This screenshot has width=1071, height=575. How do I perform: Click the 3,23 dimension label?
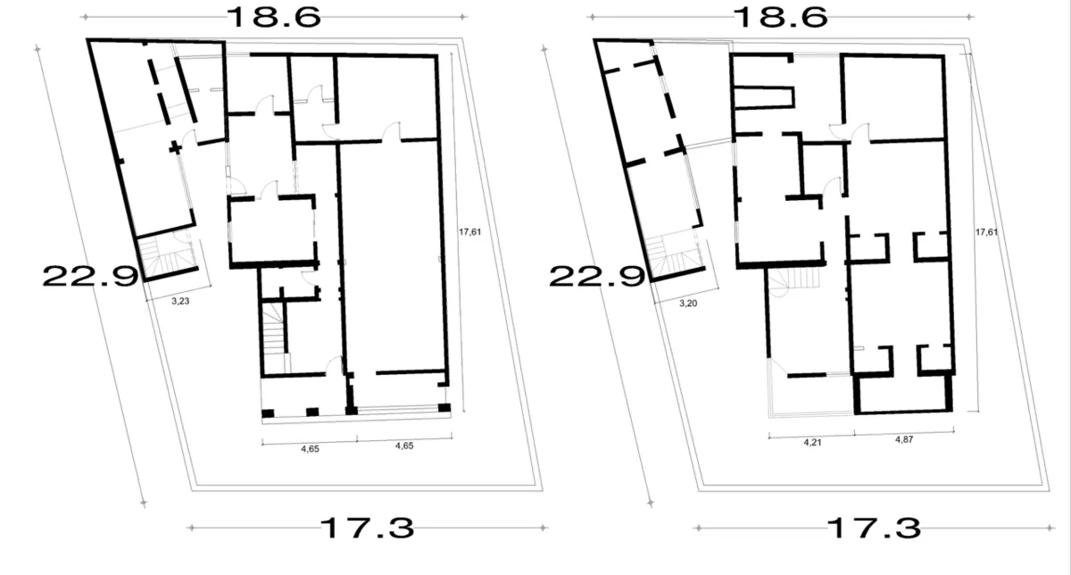pos(180,301)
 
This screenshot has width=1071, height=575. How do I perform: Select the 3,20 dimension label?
pos(688,304)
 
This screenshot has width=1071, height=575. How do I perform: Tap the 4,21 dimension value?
pos(812,443)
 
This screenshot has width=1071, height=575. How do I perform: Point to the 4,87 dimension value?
pos(904,439)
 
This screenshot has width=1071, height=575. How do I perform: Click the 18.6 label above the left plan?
pos(273,17)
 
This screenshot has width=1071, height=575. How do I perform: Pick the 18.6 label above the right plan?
pos(780,17)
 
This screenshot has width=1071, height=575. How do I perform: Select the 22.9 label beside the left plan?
pos(90,277)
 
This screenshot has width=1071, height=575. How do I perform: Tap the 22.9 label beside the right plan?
pos(597,277)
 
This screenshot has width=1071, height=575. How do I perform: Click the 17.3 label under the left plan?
pos(367,528)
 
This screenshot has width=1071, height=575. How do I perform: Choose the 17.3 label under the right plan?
pos(874,528)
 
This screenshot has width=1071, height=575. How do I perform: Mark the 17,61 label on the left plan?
pos(470,232)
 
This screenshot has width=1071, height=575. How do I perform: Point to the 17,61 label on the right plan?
pos(986,232)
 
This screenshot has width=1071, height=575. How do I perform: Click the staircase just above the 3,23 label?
pos(168,256)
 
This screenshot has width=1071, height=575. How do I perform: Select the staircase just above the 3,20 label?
pos(674,256)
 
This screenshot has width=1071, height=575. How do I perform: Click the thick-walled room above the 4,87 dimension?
pos(903,393)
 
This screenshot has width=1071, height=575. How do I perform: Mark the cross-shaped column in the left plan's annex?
pos(176,147)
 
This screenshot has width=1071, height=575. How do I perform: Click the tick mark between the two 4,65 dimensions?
pos(357,438)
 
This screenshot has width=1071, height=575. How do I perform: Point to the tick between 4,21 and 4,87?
pos(854,433)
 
